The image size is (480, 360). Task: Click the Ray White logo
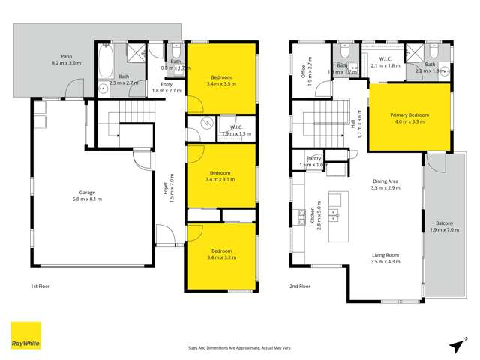click(25, 336)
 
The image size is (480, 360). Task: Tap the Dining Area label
click(385, 184)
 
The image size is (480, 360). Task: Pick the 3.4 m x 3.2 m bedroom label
click(220, 253)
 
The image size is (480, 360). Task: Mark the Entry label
click(172, 87)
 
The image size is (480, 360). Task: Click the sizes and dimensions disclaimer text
click(240, 348)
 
